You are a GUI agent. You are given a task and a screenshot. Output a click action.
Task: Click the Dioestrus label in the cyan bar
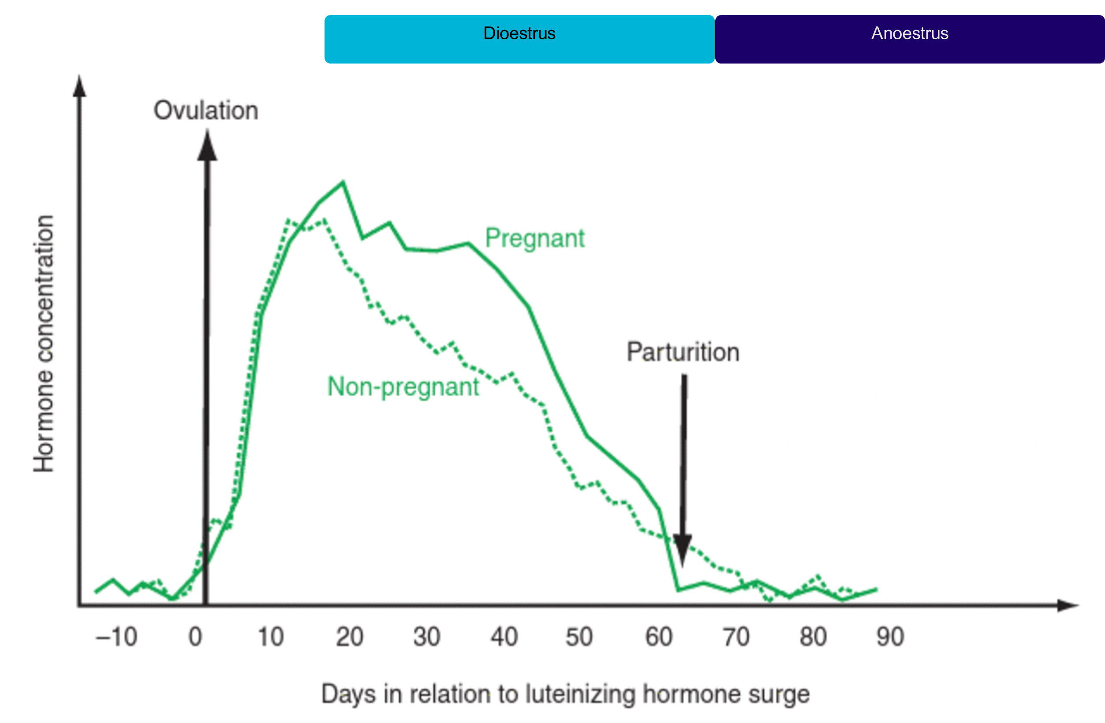[519, 34]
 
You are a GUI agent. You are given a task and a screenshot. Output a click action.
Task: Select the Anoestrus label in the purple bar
[910, 34]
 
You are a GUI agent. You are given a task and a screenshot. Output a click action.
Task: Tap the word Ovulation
[205, 111]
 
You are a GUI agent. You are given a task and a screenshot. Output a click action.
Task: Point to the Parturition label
[683, 352]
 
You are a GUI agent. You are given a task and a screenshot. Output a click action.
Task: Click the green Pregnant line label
[535, 238]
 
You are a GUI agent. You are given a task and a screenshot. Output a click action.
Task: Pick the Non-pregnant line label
[403, 387]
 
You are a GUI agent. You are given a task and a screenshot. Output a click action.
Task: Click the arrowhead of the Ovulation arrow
[207, 146]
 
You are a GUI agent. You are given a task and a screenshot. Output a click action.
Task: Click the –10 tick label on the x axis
[116, 637]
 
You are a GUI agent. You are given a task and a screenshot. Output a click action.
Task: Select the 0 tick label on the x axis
[195, 637]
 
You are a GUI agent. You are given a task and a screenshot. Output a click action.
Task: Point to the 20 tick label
[349, 637]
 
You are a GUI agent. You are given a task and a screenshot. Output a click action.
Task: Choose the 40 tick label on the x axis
[504, 637]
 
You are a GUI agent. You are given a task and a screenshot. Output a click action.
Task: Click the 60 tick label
[658, 637]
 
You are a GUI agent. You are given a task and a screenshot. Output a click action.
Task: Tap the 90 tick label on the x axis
[890, 637]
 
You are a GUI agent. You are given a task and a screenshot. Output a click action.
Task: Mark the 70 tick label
[736, 637]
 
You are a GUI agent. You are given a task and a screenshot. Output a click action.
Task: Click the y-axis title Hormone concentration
[44, 344]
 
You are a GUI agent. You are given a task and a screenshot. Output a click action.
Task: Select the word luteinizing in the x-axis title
[580, 695]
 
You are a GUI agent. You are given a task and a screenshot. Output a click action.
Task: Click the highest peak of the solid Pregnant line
[343, 183]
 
